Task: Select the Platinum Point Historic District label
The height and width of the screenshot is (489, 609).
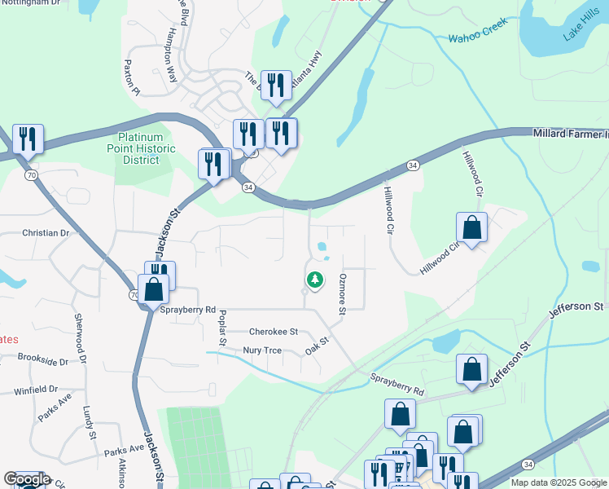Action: pyautogui.click(x=141, y=149)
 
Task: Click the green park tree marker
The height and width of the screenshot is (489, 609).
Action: pyautogui.click(x=314, y=280)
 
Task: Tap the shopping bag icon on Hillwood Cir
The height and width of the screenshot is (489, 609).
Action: pyautogui.click(x=471, y=230)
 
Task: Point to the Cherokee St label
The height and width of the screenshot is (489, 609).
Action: pyautogui.click(x=274, y=333)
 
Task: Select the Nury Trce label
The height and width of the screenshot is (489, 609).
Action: pyautogui.click(x=262, y=350)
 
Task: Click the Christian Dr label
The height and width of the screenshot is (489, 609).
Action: pyautogui.click(x=46, y=233)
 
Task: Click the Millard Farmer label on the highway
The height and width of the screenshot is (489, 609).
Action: pyautogui.click(x=570, y=133)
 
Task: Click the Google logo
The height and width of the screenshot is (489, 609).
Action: pyautogui.click(x=26, y=479)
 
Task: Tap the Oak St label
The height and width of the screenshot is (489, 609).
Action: pyautogui.click(x=317, y=346)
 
